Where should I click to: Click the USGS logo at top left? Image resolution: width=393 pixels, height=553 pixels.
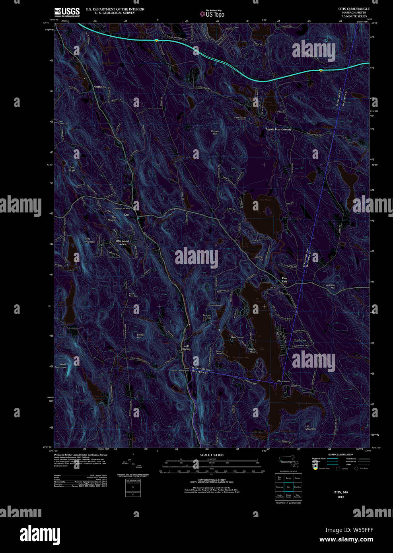tap(67, 12)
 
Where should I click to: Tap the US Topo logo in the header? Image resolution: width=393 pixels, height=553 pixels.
tap(212, 14)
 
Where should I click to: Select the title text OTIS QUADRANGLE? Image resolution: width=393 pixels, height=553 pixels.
tap(354, 9)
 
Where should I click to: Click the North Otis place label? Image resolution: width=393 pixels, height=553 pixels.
tap(100, 87)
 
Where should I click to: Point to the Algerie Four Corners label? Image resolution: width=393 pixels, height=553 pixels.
tap(278, 129)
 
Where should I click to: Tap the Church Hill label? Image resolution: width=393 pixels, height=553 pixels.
tap(215, 132)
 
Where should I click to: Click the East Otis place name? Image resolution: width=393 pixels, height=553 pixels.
tap(284, 280)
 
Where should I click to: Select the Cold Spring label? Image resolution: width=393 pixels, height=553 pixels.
tap(186, 347)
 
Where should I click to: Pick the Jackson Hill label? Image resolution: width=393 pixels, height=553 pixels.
tap(330, 286)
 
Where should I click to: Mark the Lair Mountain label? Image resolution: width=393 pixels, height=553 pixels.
tap(310, 427)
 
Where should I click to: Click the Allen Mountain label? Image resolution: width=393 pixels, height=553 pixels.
tap(60, 366)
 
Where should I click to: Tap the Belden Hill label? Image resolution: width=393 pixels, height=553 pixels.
tap(141, 336)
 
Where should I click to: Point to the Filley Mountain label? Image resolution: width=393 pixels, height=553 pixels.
tap(90, 240)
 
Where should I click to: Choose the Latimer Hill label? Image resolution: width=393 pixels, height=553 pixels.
tap(259, 258)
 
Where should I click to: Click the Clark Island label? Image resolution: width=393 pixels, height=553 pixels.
tap(284, 381)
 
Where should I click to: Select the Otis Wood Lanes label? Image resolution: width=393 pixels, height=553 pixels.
tap(122, 242)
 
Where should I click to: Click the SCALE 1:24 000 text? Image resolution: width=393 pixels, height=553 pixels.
tap(212, 455)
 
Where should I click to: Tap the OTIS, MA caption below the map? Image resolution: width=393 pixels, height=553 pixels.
tap(340, 492)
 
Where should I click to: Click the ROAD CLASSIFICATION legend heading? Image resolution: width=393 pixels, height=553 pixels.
tap(341, 454)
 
